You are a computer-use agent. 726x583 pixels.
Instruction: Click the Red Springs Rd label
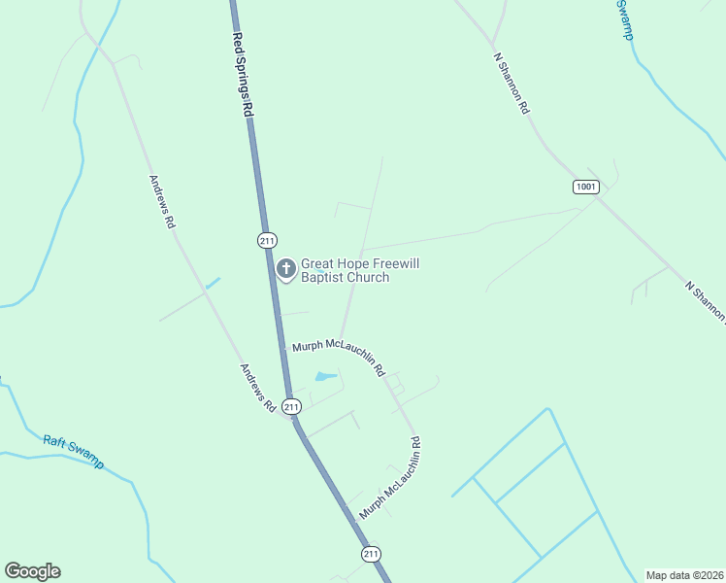[x=242, y=76]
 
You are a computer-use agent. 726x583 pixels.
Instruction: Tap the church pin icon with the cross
[x=286, y=269]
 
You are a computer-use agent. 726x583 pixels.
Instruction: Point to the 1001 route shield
[x=585, y=186]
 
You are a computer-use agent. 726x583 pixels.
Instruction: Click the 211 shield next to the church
[x=268, y=240]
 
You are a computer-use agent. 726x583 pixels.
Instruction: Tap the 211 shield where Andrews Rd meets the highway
[x=291, y=407]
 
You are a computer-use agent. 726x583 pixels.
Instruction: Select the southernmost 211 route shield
[x=371, y=554]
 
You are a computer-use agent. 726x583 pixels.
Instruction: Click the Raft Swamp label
[x=74, y=452]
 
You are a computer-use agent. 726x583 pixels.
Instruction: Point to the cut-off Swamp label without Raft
[x=627, y=19]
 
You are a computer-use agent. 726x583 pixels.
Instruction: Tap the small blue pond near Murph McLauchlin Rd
[x=325, y=376]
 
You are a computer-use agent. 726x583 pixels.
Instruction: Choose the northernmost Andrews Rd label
[x=162, y=201]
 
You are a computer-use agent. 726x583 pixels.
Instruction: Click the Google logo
[x=32, y=571]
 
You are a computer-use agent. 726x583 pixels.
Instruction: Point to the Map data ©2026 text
[x=685, y=575]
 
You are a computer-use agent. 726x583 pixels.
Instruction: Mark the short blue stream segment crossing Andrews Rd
[x=213, y=283]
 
